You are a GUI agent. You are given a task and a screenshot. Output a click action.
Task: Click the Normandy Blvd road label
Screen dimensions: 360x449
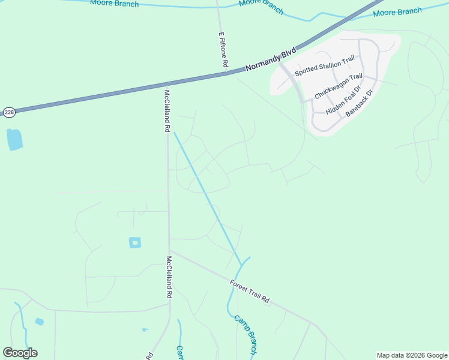point(271,60)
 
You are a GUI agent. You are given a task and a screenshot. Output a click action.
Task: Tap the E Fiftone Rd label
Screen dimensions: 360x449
point(223,50)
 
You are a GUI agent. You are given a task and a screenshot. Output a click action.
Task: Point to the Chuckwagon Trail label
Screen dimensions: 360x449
point(339,86)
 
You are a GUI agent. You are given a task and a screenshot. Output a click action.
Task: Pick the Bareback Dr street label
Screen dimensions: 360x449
point(360,103)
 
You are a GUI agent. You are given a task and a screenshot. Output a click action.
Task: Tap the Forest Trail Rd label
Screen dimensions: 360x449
point(250,290)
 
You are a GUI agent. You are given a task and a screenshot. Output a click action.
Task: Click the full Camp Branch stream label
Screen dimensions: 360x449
point(245,334)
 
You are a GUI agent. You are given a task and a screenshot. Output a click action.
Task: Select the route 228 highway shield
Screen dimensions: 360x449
point(8,112)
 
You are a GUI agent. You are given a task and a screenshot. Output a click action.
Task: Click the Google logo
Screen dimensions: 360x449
point(20,353)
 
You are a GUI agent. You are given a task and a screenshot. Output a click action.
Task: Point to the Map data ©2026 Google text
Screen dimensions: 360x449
point(412,355)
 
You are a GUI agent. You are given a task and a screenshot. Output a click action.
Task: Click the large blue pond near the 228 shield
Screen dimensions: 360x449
point(14,139)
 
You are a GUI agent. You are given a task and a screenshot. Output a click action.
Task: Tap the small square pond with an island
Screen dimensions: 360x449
point(135,242)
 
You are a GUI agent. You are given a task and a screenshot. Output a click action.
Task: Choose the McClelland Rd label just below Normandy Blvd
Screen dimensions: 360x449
point(167,111)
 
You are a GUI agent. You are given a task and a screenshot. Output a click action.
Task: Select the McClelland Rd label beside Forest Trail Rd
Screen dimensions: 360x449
point(169,278)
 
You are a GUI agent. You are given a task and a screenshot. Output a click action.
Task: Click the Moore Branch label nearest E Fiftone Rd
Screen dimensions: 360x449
point(261,6)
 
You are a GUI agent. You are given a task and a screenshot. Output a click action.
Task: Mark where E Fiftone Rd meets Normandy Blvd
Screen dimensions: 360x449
point(226,73)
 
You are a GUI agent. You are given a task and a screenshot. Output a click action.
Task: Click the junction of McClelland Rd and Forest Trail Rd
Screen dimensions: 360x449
point(170,251)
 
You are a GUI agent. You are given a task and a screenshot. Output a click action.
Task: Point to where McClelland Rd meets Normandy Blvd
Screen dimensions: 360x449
point(166,85)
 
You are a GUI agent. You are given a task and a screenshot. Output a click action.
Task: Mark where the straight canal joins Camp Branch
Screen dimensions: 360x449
point(242,265)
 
